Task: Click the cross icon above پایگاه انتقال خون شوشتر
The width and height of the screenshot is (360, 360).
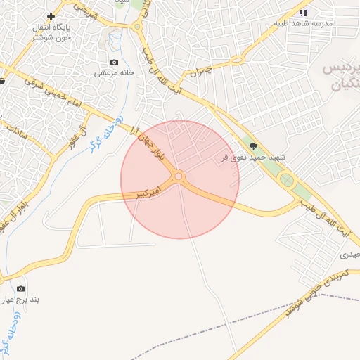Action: [x=51, y=15]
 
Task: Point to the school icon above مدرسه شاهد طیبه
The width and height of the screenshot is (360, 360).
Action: [x=303, y=13]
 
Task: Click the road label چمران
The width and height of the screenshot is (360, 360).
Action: [x=200, y=72]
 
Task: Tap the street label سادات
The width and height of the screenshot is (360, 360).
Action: [x=20, y=127]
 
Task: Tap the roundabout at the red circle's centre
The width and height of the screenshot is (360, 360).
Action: [x=179, y=176]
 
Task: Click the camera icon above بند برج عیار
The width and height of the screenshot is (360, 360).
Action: [x=20, y=288]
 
